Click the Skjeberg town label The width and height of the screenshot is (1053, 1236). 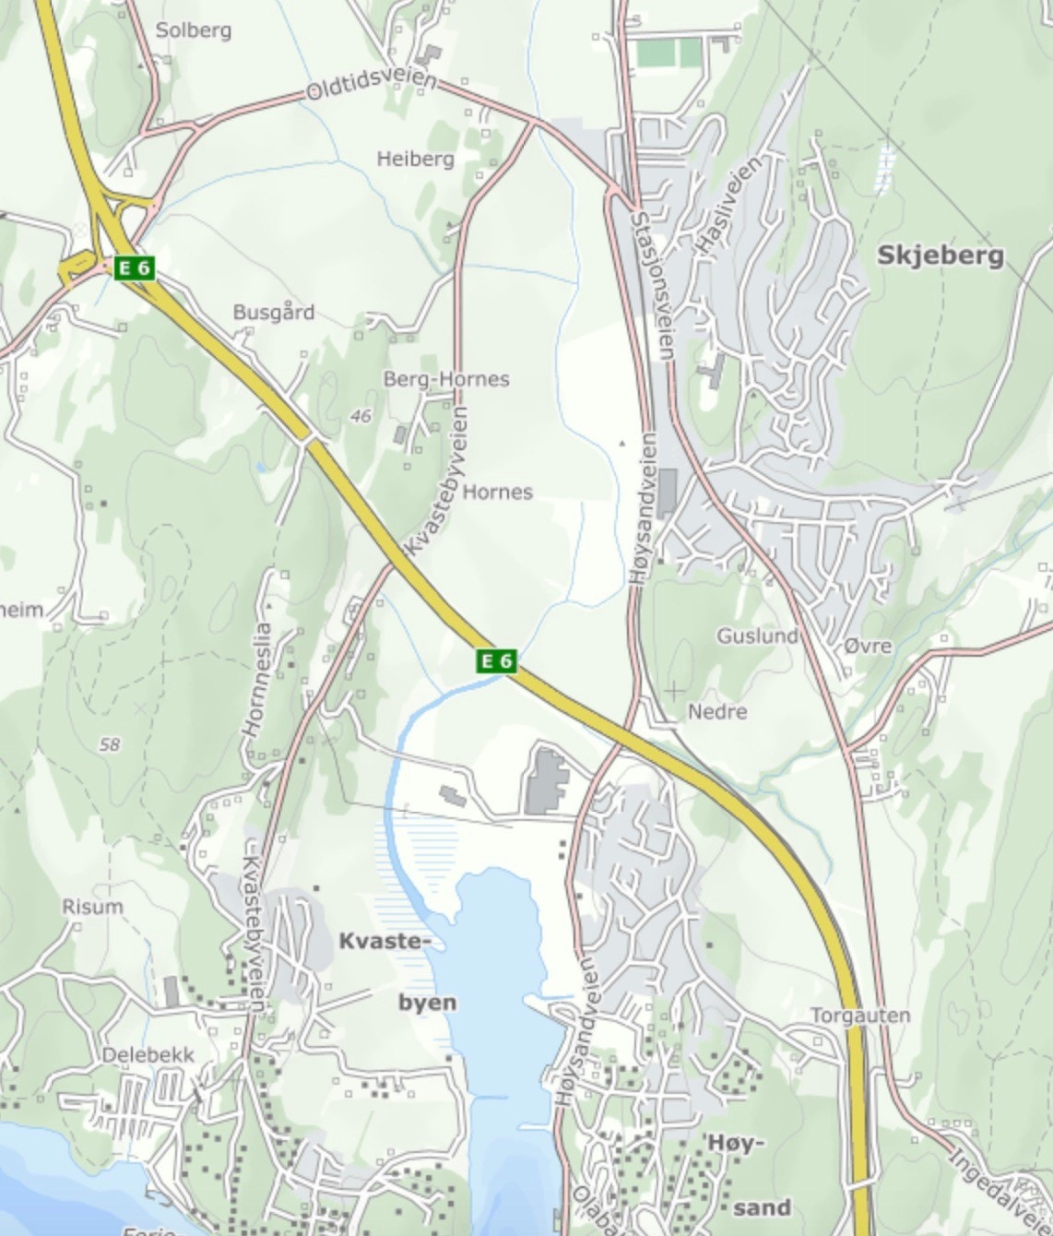940,256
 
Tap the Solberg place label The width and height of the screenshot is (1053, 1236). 194,30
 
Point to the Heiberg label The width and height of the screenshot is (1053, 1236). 415,159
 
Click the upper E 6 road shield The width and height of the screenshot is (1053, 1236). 135,268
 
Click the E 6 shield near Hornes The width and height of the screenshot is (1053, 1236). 496,660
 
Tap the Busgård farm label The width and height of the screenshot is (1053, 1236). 273,312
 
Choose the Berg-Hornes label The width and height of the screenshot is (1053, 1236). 446,379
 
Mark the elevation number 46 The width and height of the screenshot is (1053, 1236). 361,417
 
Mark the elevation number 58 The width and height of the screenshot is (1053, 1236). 110,744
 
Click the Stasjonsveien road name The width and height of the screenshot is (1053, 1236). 653,286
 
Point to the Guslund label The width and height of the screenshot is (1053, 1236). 757,636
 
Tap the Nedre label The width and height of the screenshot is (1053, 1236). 717,712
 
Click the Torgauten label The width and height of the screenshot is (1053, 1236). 859,1016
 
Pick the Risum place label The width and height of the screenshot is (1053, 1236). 92,907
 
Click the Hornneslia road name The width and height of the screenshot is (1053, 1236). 257,679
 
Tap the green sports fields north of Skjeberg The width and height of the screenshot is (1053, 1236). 669,53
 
